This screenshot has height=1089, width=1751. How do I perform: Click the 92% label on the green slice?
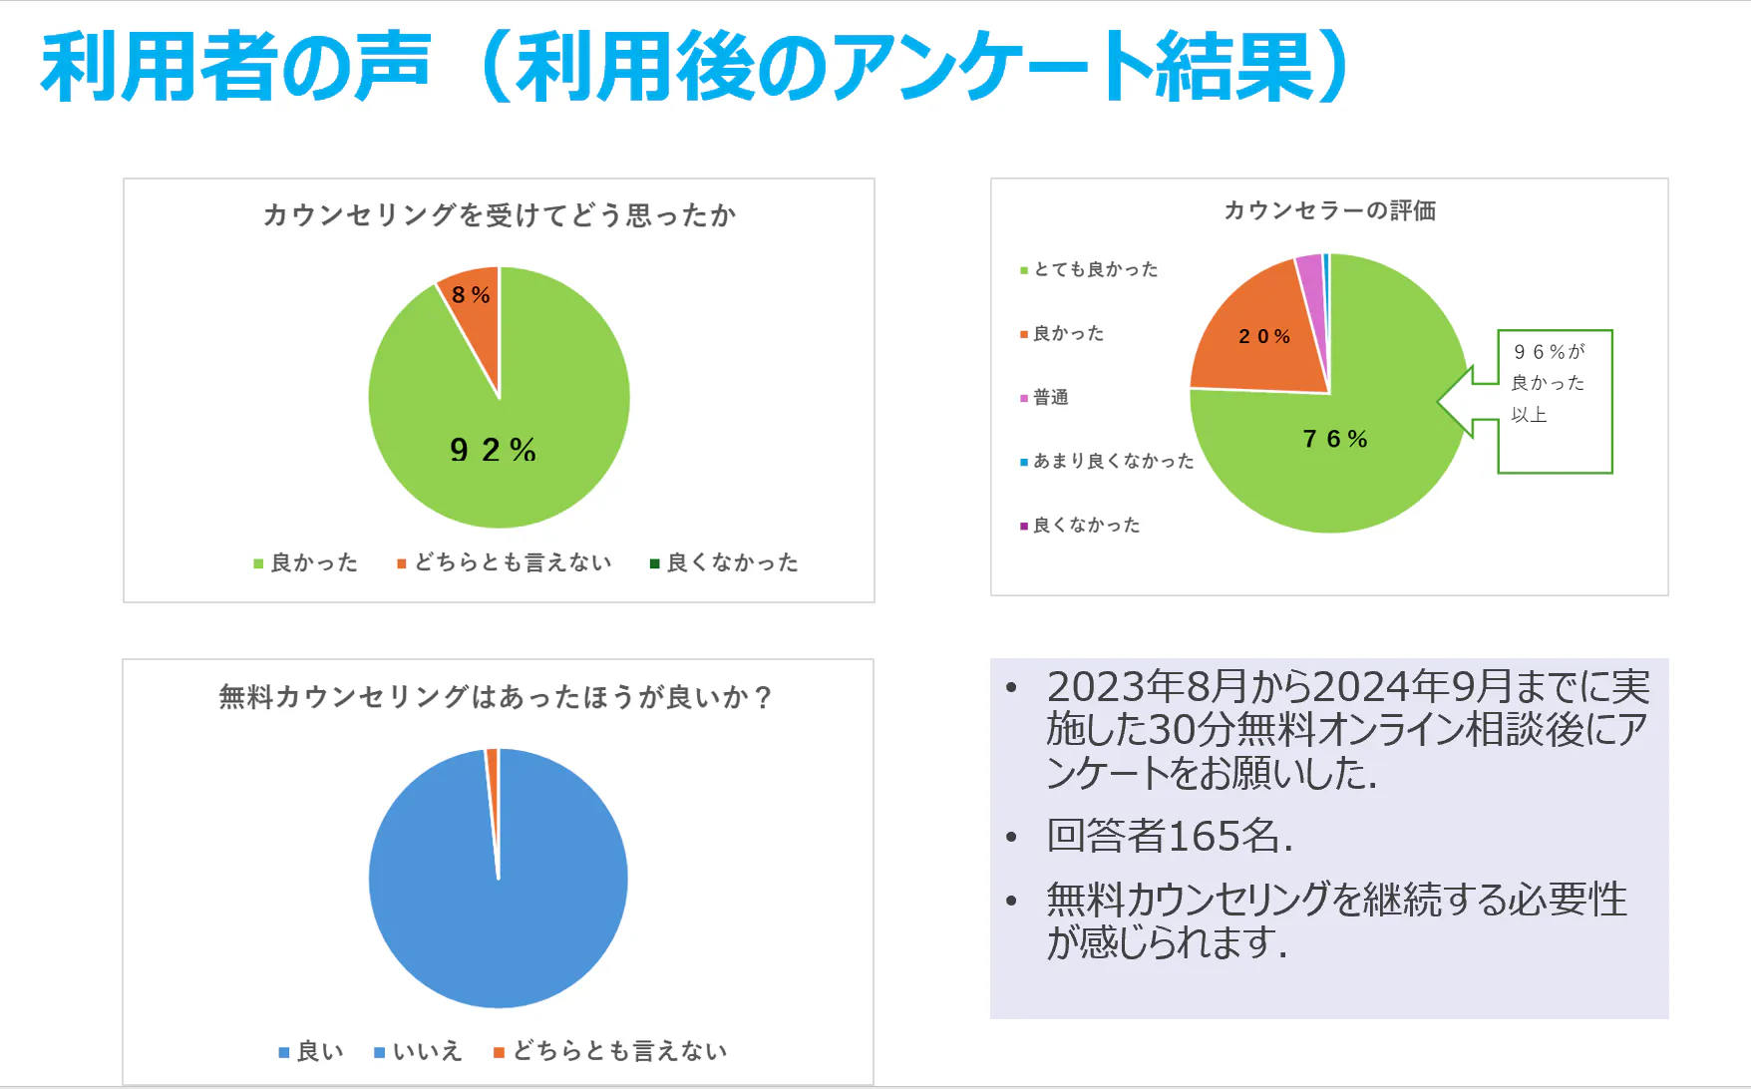coord(493,450)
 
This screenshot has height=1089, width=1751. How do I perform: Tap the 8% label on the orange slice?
coord(471,295)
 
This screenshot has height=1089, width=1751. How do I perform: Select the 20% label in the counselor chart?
coord(1264,337)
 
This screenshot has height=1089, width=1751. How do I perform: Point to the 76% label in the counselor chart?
coord(1335,439)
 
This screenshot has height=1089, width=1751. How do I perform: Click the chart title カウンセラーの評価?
coord(1329,210)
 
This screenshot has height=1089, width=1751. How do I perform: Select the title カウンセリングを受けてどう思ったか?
coord(499,215)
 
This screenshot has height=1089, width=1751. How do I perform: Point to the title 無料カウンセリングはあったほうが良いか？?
coord(496,696)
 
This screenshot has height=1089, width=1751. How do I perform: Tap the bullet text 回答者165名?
coord(1169,836)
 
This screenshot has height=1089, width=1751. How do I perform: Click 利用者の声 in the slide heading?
coord(235,68)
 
